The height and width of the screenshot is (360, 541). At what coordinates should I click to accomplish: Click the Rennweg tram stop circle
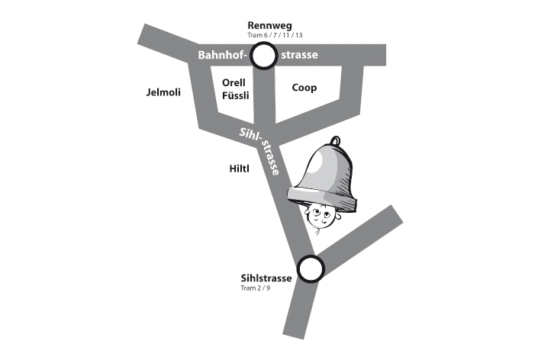[x=264, y=55]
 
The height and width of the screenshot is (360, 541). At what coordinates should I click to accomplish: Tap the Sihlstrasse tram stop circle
[x=311, y=268]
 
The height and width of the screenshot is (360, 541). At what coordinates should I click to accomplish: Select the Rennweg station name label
[x=264, y=25]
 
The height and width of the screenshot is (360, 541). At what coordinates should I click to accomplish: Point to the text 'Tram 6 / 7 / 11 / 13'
[x=264, y=36]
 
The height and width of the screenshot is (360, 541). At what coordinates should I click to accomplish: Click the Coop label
[x=304, y=87]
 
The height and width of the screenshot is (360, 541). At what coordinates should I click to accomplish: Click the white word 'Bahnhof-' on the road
[x=223, y=56]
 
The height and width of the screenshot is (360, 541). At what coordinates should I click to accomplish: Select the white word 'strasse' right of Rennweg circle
[x=299, y=56]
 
